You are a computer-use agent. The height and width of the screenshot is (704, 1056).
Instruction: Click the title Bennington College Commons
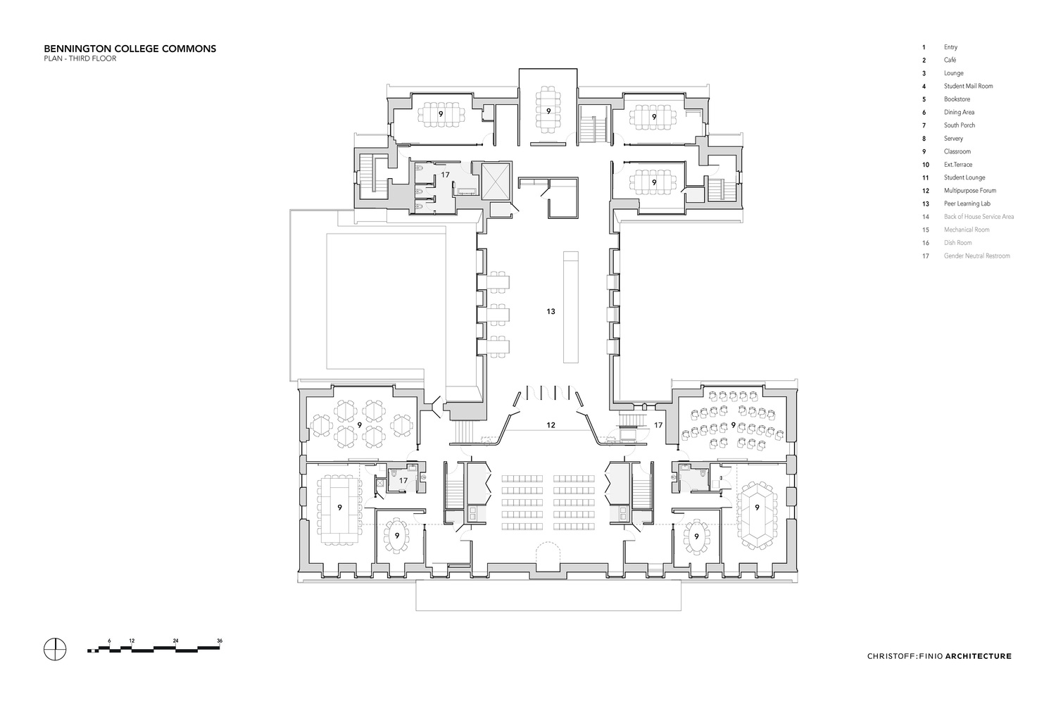[130, 49]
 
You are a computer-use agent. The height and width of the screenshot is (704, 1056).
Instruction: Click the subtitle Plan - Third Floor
[80, 59]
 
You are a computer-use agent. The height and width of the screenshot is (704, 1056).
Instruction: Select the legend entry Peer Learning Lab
[967, 203]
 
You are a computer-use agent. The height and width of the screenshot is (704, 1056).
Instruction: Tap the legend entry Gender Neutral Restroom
[976, 256]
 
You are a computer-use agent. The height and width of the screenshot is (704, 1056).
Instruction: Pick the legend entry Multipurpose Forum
[969, 191]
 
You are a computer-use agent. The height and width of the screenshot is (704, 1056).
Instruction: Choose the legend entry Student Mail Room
[968, 86]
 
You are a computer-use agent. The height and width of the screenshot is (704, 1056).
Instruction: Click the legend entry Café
[950, 60]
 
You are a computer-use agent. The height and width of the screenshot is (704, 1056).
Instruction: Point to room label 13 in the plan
[551, 311]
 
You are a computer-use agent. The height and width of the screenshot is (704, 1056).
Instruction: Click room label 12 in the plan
[551, 425]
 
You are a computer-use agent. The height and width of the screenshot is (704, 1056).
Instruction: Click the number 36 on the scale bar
[220, 640]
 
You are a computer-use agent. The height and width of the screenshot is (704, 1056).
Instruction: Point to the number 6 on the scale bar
[110, 640]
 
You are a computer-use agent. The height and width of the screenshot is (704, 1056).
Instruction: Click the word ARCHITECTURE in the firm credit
[978, 656]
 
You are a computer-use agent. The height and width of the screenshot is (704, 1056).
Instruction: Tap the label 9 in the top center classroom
[548, 111]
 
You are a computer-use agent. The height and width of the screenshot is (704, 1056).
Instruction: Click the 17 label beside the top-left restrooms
[445, 174]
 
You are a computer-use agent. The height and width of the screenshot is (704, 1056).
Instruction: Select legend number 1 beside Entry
[924, 47]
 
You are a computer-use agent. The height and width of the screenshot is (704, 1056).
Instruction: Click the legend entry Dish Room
[957, 243]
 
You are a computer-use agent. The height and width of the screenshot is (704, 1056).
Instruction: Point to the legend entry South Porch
[959, 125]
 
